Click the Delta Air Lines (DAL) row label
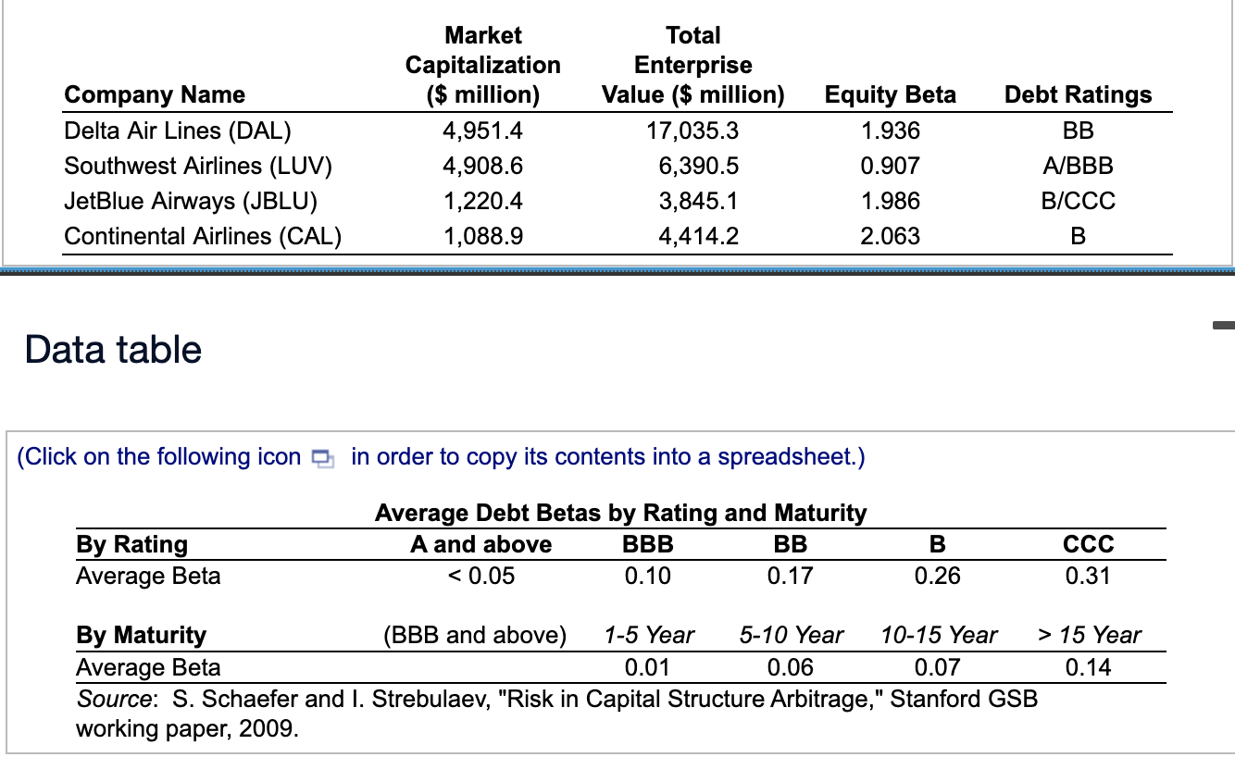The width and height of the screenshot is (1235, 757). [x=177, y=130]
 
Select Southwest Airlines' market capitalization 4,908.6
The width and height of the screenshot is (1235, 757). [x=482, y=166]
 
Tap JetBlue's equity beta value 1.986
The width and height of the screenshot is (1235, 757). [x=890, y=201]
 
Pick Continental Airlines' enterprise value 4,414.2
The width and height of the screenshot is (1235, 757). [x=698, y=236]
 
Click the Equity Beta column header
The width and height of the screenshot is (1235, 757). [x=890, y=94]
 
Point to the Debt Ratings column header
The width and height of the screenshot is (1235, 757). [x=1078, y=94]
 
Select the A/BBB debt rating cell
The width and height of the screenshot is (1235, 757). [x=1078, y=166]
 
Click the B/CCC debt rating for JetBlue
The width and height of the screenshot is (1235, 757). [x=1078, y=201]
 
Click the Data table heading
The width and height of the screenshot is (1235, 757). [x=113, y=350]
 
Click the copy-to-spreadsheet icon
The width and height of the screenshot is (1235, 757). [x=321, y=458]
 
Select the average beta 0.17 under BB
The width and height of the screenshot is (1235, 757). [x=790, y=576]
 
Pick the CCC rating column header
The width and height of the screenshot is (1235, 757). [x=1089, y=543]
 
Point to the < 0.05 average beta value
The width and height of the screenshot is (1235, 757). [x=480, y=576]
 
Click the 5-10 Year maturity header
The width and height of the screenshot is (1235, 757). [x=791, y=635]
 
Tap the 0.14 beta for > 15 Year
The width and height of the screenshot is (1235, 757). [x=1088, y=667]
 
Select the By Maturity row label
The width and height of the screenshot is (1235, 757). [x=141, y=635]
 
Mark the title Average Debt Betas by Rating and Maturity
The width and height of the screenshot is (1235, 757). [x=620, y=512]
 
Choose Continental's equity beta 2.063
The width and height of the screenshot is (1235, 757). [x=890, y=236]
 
